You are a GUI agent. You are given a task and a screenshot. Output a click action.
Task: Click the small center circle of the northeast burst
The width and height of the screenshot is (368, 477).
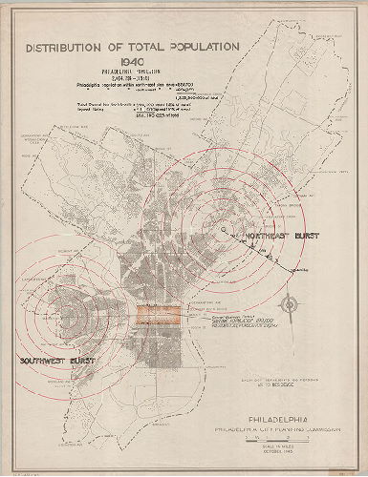pyautogui.click(x=223, y=230)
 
